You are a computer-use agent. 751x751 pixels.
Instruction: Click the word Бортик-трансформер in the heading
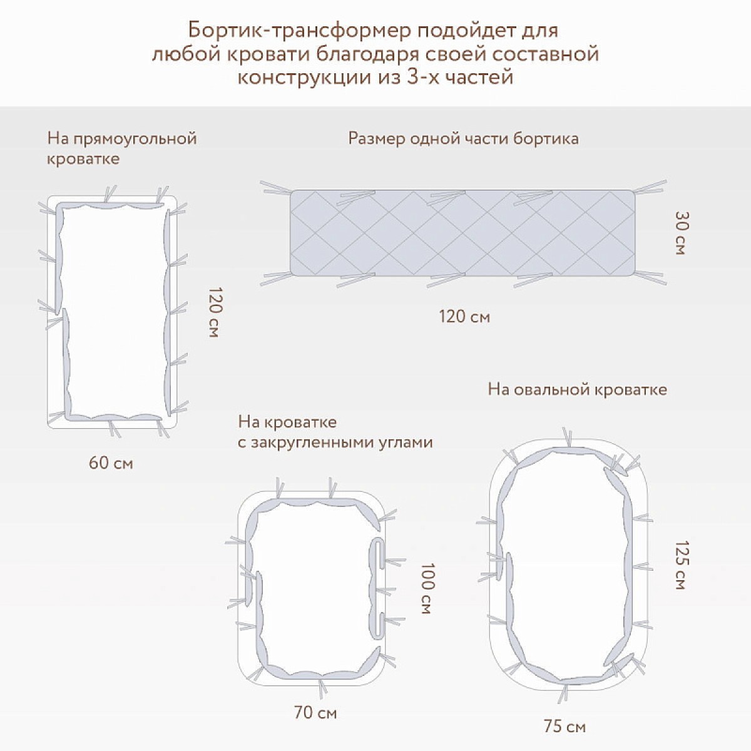coord(299,31)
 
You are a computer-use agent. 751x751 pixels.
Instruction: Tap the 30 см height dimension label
coord(680,233)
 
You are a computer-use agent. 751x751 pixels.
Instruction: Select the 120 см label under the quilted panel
coord(464,317)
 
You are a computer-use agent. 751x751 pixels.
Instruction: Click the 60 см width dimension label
coord(111,463)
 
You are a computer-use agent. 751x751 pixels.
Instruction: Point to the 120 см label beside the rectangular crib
coord(215,312)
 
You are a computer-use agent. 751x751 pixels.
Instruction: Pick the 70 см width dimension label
coord(315,712)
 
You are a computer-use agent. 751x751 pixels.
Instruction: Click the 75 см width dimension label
coord(565,727)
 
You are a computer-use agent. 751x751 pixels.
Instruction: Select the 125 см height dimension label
coord(680,565)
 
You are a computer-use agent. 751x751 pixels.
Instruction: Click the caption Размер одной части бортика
coord(463,139)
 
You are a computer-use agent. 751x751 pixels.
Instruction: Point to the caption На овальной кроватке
coord(578,389)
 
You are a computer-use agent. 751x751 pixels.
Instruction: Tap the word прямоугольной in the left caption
coord(135,139)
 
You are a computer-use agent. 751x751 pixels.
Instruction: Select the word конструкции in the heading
coord(304,78)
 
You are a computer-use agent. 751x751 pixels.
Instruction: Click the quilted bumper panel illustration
coord(462,233)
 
